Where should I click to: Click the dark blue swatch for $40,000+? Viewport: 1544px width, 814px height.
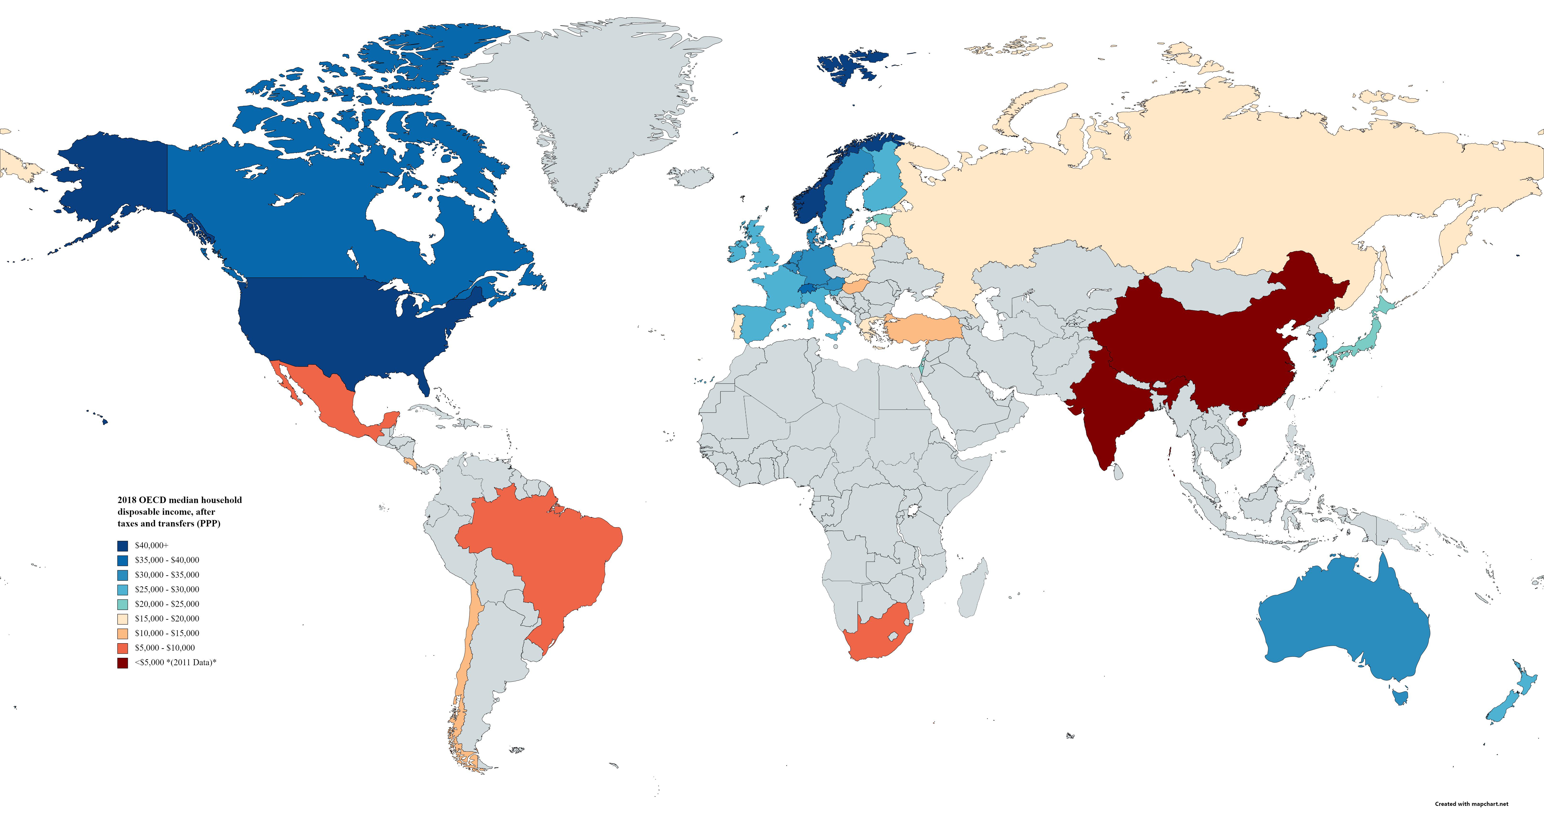pos(123,546)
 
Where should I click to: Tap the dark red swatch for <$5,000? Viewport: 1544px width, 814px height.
pos(123,663)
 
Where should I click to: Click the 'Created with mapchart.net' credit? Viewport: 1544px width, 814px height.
pos(1471,804)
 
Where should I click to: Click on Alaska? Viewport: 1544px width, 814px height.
pos(114,180)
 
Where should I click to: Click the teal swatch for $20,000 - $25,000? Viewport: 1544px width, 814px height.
pos(123,604)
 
